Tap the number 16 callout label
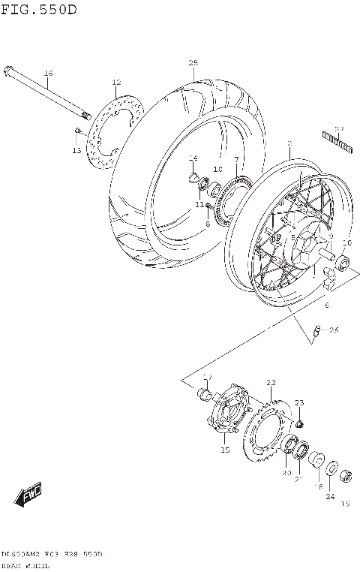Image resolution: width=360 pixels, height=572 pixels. [48, 73]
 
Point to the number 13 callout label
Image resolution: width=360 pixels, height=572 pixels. [76, 151]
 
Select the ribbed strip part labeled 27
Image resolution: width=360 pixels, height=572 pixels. [337, 142]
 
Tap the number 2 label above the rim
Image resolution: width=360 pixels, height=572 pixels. [289, 143]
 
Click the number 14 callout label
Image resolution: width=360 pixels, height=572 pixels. [193, 158]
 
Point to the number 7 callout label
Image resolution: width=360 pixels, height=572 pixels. [235, 159]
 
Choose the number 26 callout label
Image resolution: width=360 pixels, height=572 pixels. [334, 330]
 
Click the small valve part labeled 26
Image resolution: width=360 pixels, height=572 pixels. [316, 330]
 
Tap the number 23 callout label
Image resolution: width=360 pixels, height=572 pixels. [298, 403]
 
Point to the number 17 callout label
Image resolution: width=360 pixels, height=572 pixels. [208, 377]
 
